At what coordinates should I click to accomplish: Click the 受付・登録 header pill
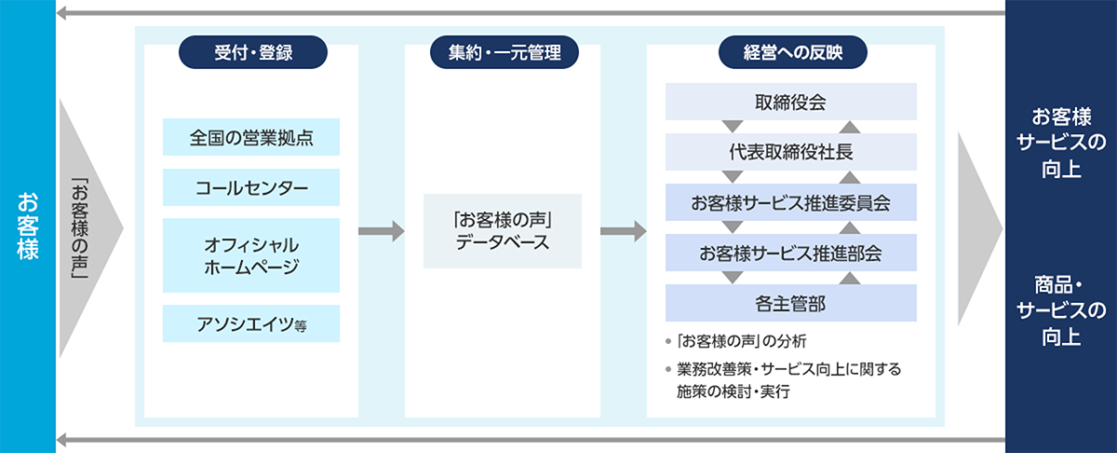click(x=251, y=51)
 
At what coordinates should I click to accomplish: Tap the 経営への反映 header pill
click(x=791, y=51)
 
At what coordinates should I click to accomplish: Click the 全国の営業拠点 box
click(x=251, y=138)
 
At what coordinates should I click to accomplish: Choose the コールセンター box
click(x=251, y=187)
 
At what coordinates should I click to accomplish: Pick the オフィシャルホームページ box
click(x=251, y=254)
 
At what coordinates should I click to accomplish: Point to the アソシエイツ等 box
click(x=251, y=323)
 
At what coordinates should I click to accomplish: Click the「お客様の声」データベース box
click(x=503, y=231)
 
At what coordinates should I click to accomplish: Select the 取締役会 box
click(x=791, y=102)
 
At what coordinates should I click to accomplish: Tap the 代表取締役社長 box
click(x=791, y=152)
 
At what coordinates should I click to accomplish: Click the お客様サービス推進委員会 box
click(x=791, y=202)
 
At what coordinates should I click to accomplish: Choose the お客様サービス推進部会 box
click(x=791, y=253)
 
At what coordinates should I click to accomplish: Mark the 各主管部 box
click(x=791, y=303)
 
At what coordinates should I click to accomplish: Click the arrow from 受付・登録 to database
click(x=381, y=231)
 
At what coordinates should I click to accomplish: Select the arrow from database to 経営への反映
click(x=623, y=231)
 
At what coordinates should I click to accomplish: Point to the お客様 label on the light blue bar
click(x=27, y=226)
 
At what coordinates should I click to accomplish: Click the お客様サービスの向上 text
click(x=1061, y=144)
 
